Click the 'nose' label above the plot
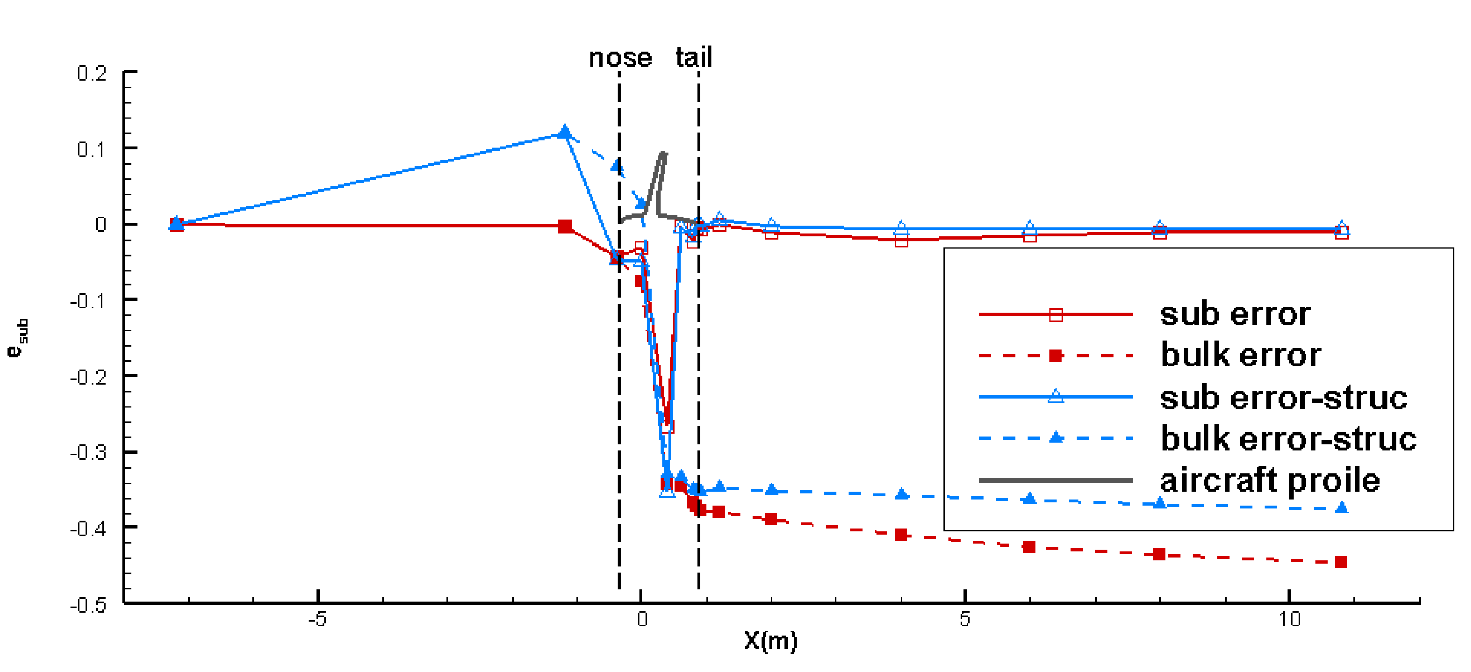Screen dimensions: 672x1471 coord(620,58)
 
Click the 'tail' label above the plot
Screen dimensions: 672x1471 coord(694,57)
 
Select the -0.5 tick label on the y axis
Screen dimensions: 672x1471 coord(89,605)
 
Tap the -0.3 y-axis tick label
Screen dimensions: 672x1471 coord(89,453)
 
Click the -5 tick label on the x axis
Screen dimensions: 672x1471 coord(318,619)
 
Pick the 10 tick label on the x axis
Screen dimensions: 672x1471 coord(1289,619)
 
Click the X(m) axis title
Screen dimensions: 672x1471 coord(771,641)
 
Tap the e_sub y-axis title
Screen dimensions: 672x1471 coord(18,337)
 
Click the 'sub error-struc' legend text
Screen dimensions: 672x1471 coord(1283,397)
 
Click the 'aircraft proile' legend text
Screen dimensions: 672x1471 coord(1269,480)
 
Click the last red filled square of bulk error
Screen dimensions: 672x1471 coord(1341,562)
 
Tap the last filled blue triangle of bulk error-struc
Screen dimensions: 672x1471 coord(1342,507)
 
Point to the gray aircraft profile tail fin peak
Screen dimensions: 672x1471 coord(663,153)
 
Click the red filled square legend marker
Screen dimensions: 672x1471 coord(1056,356)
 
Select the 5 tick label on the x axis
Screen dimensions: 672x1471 coord(965,619)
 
